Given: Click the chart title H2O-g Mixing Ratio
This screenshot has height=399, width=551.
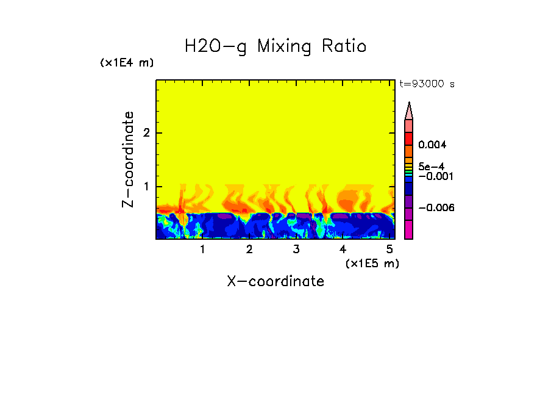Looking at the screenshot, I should (275, 46).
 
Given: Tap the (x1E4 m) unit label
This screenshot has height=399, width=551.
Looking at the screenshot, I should (127, 63).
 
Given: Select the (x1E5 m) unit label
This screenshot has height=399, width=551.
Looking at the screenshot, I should (372, 263).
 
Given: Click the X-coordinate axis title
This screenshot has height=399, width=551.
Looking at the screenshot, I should (275, 281).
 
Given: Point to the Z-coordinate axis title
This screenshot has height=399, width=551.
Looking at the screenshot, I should (128, 159).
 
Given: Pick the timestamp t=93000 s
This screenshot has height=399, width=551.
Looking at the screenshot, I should (427, 84).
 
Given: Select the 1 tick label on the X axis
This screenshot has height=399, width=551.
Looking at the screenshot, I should (202, 250).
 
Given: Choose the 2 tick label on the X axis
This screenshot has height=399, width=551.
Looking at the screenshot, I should (249, 250).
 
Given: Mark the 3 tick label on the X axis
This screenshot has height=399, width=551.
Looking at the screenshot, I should (296, 250).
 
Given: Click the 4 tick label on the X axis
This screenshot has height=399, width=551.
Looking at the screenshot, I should (343, 250).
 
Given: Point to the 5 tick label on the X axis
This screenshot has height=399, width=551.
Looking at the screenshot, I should (389, 250).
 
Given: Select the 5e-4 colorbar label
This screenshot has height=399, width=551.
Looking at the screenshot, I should (431, 166).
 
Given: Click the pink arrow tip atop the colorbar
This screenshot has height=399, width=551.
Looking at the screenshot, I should (409, 111).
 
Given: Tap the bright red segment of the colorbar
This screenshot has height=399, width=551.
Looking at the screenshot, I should (409, 138).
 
